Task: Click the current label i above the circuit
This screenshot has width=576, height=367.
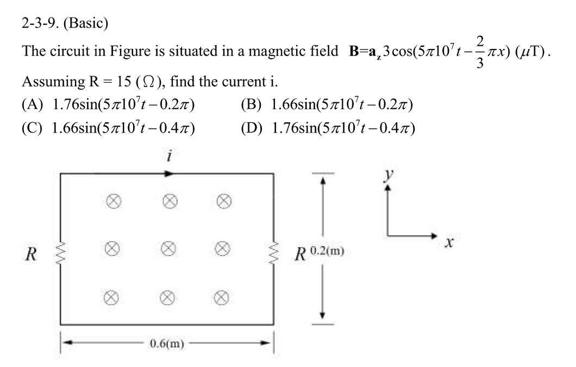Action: pyautogui.click(x=170, y=157)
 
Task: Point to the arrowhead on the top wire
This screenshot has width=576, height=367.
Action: pyautogui.click(x=170, y=174)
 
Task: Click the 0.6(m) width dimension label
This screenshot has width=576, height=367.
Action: pyautogui.click(x=167, y=345)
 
